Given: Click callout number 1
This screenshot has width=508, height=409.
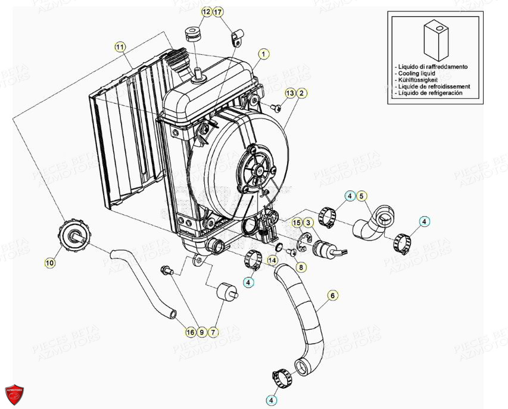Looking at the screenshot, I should [x=263, y=54].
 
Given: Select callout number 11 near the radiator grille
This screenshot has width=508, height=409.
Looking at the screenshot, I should [x=120, y=46].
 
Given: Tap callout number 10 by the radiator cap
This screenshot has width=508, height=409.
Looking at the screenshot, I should [x=49, y=261].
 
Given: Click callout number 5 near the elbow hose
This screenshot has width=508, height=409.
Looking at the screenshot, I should [x=361, y=196].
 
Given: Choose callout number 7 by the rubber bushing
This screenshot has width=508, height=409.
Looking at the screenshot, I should [x=213, y=332].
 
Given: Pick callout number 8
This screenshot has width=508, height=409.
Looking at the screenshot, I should [x=301, y=268].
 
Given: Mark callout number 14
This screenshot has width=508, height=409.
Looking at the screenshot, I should [x=271, y=260].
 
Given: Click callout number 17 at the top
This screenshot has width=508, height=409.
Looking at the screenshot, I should [x=217, y=12].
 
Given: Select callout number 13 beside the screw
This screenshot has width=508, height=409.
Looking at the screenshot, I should [x=290, y=93].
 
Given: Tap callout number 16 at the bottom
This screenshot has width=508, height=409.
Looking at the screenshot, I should [x=190, y=332].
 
